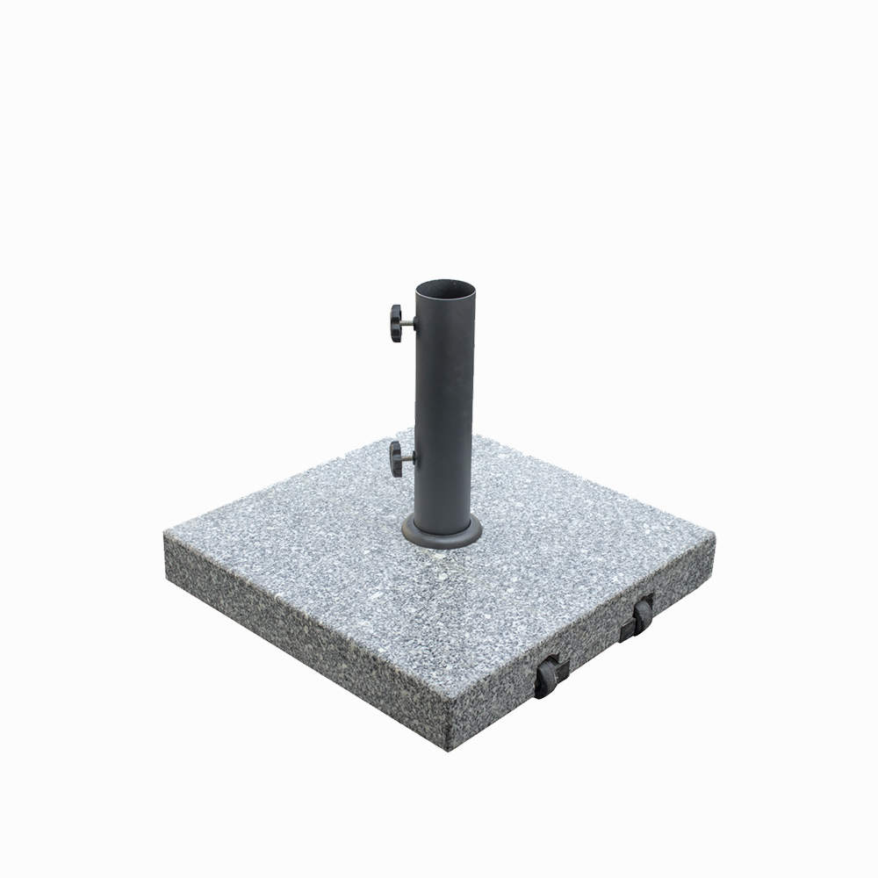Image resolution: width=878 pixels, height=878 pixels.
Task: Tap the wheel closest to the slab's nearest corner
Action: (x=545, y=679)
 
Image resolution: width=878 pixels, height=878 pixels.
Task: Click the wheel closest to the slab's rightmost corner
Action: (x=644, y=615)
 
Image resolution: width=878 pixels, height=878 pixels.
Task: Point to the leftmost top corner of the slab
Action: (x=165, y=532)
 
